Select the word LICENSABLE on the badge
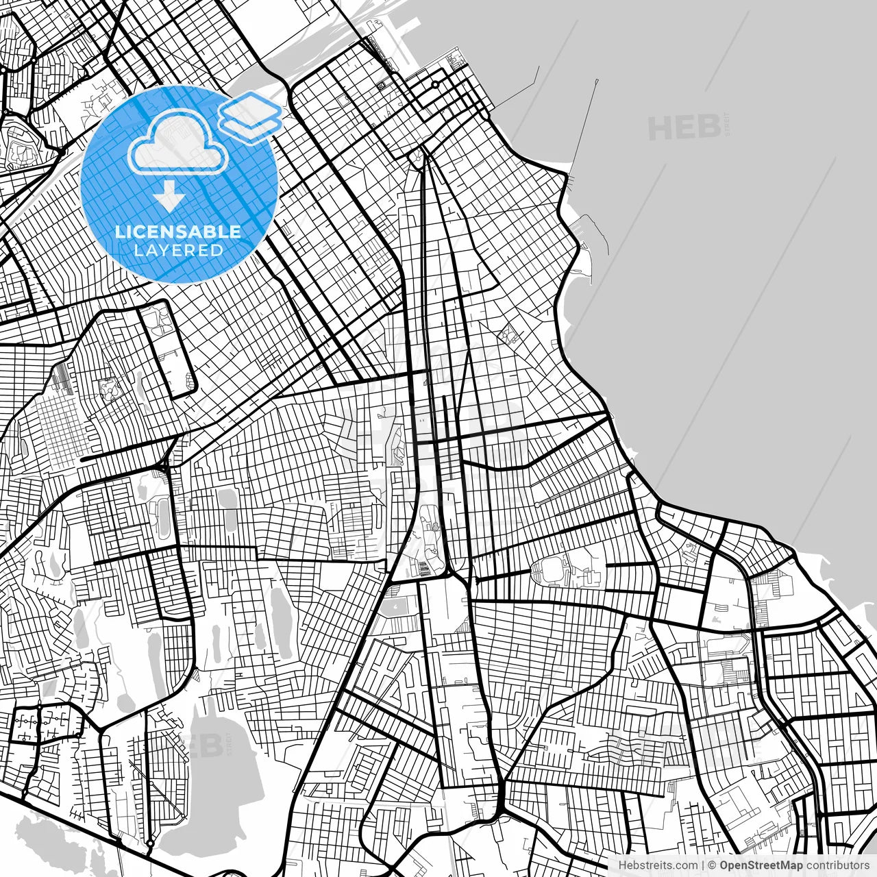pyautogui.click(x=178, y=232)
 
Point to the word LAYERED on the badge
pyautogui.click(x=178, y=251)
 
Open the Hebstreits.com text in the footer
pyautogui.click(x=658, y=865)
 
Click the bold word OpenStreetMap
pyautogui.click(x=761, y=865)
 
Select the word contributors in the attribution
pyautogui.click(x=837, y=865)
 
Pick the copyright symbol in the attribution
pyautogui.click(x=713, y=865)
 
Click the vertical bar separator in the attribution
pyautogui.click(x=703, y=865)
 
